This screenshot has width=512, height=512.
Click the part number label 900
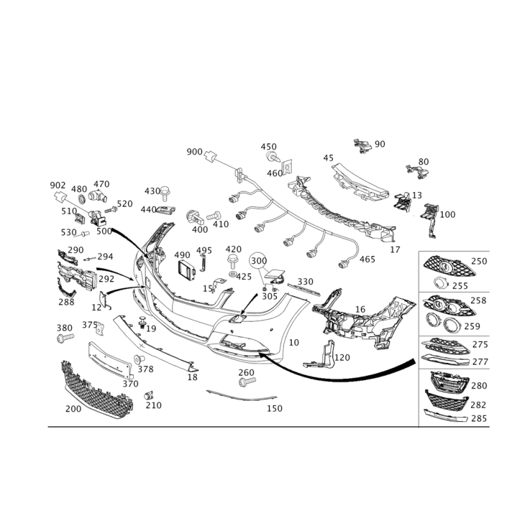pyautogui.click(x=195, y=152)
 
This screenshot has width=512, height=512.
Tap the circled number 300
pyautogui.click(x=259, y=260)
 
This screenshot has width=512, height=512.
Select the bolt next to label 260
pyautogui.click(x=248, y=381)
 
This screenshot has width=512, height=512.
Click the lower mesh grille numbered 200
pyautogui.click(x=97, y=390)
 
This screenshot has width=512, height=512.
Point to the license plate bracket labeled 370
pyautogui.click(x=111, y=360)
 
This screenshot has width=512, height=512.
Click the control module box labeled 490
pyautogui.click(x=186, y=271)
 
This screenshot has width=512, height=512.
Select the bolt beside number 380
pyautogui.click(x=65, y=338)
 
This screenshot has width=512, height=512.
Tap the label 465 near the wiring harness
pyautogui.click(x=367, y=259)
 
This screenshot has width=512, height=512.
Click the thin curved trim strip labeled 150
pyautogui.click(x=241, y=396)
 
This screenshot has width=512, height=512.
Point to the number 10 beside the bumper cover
pyautogui.click(x=294, y=342)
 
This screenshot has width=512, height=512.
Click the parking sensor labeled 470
pyautogui.click(x=98, y=195)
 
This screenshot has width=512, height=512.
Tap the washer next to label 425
pyautogui.click(x=232, y=273)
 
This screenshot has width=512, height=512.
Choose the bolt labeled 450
pyautogui.click(x=273, y=157)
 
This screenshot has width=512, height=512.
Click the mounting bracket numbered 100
pyautogui.click(x=429, y=220)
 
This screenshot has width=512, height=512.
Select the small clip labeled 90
pyautogui.click(x=362, y=146)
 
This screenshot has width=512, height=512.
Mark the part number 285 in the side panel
pyautogui.click(x=479, y=419)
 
